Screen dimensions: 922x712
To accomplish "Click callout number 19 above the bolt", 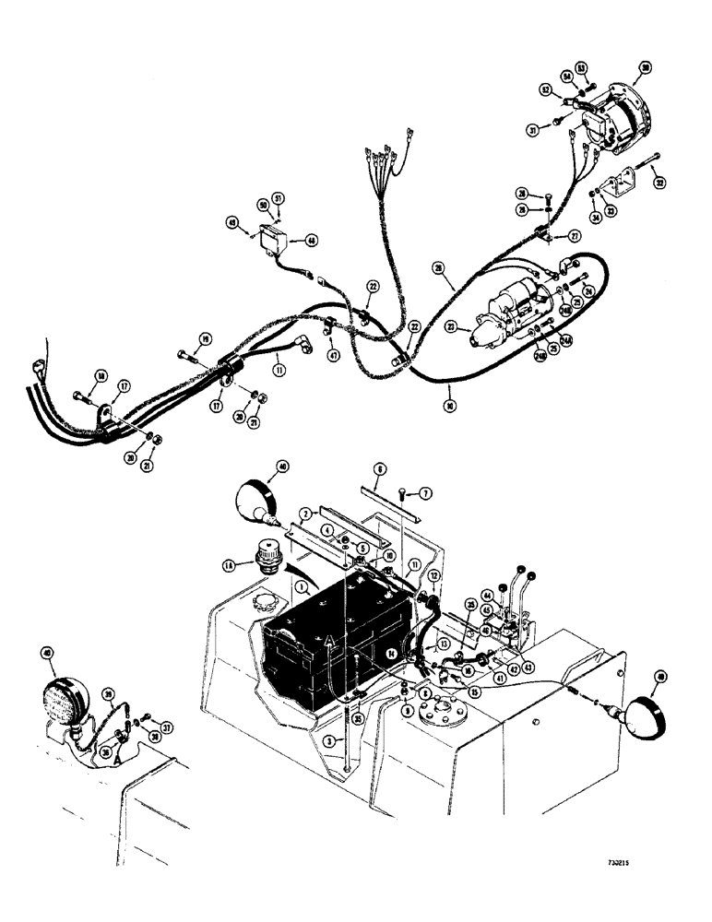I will click(x=207, y=337).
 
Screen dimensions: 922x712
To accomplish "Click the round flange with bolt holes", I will click(x=439, y=714).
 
